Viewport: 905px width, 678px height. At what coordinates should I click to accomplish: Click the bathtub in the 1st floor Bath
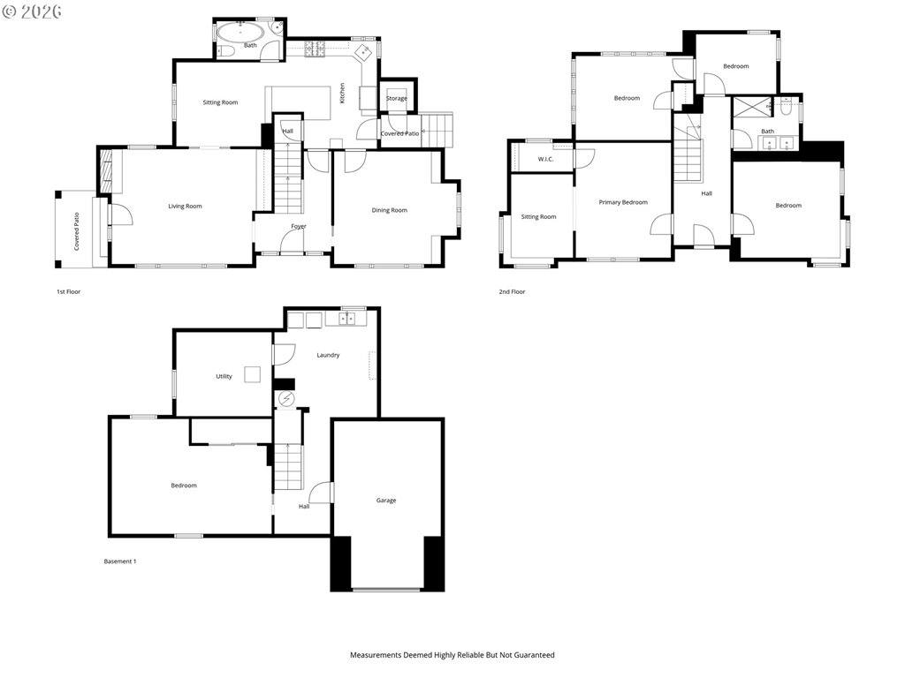click(241, 32)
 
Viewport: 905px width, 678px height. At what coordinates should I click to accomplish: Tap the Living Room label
click(185, 207)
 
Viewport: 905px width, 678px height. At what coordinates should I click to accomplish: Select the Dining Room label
click(389, 210)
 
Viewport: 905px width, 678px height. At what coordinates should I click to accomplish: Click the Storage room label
click(397, 99)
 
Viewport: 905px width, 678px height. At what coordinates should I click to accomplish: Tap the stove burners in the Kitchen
click(316, 49)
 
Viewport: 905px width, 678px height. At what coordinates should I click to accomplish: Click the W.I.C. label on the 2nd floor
click(545, 159)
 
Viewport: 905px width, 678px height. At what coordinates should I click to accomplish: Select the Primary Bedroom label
click(623, 202)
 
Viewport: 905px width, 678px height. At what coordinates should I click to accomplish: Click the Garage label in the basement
click(386, 501)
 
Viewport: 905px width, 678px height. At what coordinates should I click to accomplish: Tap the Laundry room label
click(328, 355)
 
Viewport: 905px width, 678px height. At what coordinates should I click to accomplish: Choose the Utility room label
click(224, 376)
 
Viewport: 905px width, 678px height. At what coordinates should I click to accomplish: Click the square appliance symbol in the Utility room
click(252, 374)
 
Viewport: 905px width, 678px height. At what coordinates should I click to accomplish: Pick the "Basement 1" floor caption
click(120, 561)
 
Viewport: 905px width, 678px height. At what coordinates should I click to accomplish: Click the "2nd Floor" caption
click(512, 291)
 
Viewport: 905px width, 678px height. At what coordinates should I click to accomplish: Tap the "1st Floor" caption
click(68, 291)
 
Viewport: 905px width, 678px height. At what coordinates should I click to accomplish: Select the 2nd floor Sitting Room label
click(538, 217)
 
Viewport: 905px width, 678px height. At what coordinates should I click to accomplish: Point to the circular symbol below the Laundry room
click(286, 398)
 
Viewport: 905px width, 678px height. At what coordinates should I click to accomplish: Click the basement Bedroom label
click(184, 486)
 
